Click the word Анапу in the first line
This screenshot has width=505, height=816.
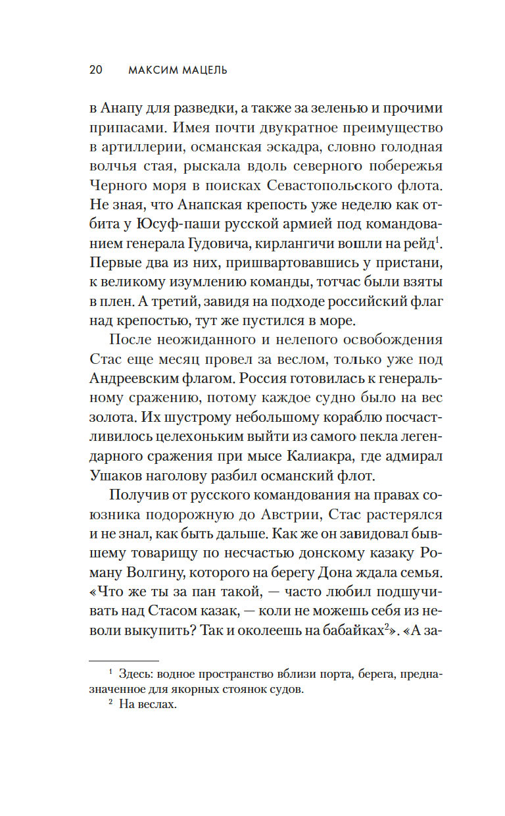(123, 108)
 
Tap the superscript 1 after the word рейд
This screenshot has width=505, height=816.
(439, 239)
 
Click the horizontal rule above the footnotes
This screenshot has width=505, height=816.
(124, 660)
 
